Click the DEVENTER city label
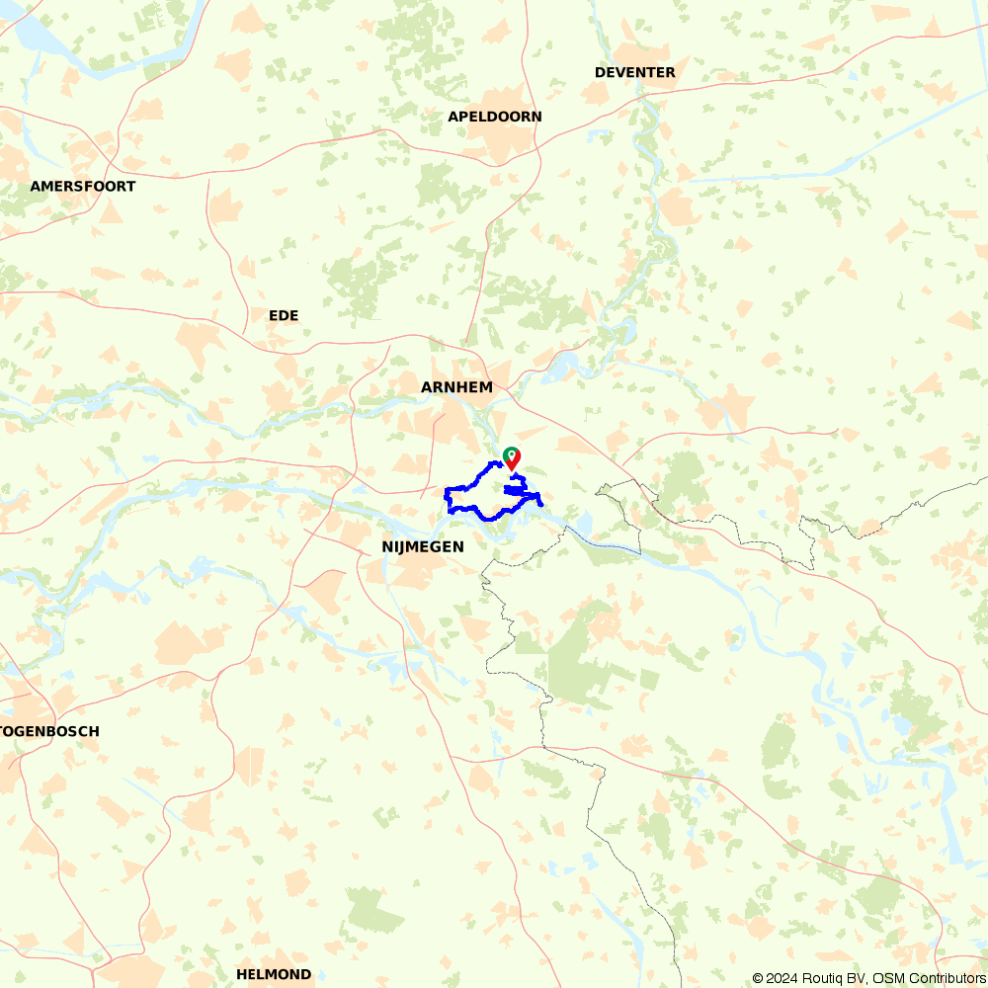pos(634,72)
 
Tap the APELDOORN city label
pos(494,117)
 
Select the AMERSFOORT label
pos(82,186)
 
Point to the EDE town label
pos(283,315)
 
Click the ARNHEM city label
pos(456,387)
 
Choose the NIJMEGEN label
pos(422,545)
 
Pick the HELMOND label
pos(273,974)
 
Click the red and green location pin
pos(512,457)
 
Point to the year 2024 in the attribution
pos(781,978)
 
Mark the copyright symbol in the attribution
pos(758,978)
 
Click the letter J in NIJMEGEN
pos(402,545)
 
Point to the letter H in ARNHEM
pos(463,387)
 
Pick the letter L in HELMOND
pos(260,974)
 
